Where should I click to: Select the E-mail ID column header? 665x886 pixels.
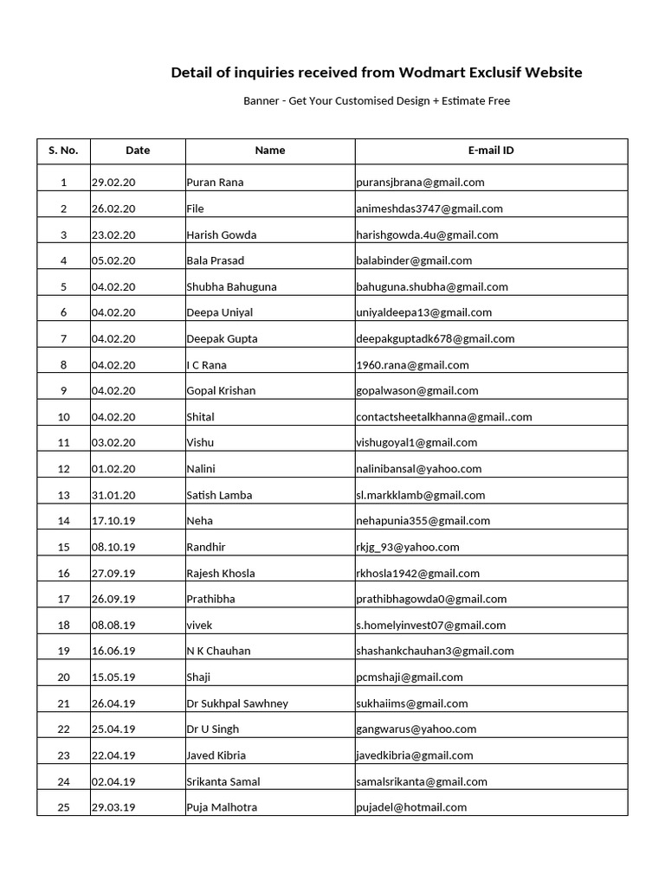click(x=491, y=151)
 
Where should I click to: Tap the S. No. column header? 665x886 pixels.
click(x=63, y=151)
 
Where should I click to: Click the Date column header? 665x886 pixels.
click(x=138, y=151)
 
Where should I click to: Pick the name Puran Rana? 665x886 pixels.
click(x=215, y=183)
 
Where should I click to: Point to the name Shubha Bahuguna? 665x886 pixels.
click(x=231, y=286)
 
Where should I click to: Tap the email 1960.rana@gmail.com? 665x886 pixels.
click(x=412, y=365)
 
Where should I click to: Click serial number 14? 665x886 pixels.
click(x=63, y=521)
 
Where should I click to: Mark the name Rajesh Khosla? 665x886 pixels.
click(x=221, y=573)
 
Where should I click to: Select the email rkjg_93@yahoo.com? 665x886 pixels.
click(x=408, y=547)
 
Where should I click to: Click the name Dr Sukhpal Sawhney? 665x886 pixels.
click(x=237, y=703)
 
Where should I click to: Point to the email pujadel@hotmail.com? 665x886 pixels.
click(x=411, y=807)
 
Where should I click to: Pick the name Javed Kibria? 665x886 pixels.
click(x=216, y=755)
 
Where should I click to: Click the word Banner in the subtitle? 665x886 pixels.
click(x=261, y=101)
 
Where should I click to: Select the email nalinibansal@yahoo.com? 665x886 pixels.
click(x=418, y=469)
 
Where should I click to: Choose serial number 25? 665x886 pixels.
click(x=63, y=807)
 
